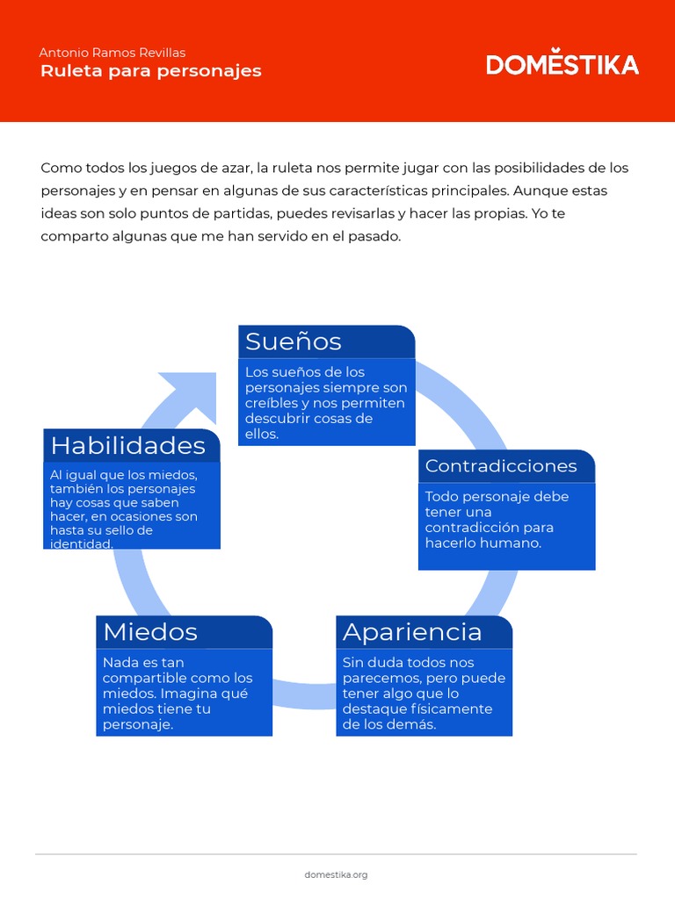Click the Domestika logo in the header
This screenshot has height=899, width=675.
[562, 64]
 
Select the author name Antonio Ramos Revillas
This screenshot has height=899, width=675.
[112, 53]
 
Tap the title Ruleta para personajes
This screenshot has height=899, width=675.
[150, 71]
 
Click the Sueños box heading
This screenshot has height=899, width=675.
[294, 341]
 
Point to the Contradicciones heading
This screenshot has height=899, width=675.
[501, 466]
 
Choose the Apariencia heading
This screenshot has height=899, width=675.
[412, 632]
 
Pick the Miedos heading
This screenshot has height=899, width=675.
[150, 632]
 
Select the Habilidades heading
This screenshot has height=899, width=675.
[128, 446]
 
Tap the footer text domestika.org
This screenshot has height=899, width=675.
[336, 874]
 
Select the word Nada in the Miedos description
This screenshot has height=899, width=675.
[120, 663]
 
